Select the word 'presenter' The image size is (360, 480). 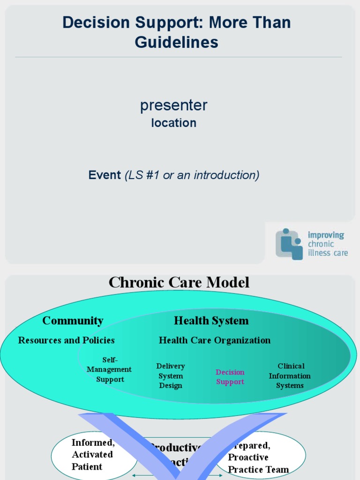point(173,105)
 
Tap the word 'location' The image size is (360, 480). point(173,123)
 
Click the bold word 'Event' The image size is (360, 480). point(105,175)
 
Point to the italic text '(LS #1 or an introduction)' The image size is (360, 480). point(192,175)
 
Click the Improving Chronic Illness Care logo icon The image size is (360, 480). point(289,244)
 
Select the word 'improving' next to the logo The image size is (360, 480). point(326,235)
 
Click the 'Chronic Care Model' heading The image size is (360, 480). point(179,282)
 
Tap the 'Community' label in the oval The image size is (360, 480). point(73,321)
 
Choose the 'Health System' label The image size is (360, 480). point(211,321)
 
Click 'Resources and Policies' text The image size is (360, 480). point(66,340)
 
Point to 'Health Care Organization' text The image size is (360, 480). point(214,340)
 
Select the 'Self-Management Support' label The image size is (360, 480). point(110,369)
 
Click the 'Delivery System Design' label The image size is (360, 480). point(171,375)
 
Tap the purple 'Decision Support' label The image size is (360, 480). point(230,377)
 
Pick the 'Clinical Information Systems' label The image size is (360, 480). point(290,375)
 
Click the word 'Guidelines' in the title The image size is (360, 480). point(176,43)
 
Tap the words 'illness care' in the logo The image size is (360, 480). point(328,253)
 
